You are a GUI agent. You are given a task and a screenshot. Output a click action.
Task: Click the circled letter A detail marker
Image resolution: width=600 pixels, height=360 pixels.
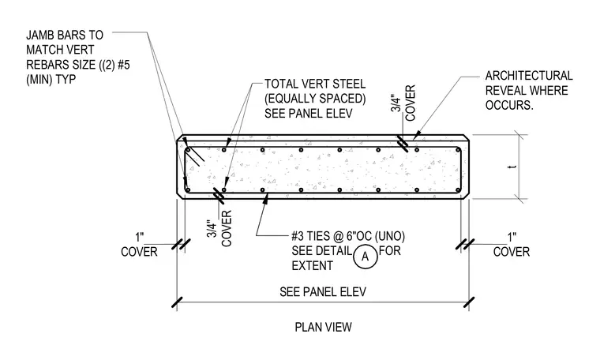tap(365, 257)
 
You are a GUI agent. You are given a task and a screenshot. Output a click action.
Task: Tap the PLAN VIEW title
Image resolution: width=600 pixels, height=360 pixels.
tap(323, 327)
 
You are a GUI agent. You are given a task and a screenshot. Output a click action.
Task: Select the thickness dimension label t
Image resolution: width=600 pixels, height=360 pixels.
tap(513, 167)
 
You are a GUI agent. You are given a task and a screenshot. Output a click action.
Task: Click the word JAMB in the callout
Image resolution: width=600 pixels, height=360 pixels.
tap(42, 36)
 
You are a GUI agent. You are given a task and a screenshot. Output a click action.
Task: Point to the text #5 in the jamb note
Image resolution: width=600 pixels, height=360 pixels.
tap(124, 65)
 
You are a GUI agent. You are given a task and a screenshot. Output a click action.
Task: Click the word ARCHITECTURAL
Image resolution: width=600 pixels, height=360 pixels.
tap(529, 76)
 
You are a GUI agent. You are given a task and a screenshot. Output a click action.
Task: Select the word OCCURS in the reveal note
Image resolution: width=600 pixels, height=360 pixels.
tap(509, 105)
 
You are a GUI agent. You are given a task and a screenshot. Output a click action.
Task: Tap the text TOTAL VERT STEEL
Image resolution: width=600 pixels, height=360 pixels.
tap(315, 84)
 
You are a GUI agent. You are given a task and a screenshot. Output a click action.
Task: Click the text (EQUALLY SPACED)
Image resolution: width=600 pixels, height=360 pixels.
tap(315, 99)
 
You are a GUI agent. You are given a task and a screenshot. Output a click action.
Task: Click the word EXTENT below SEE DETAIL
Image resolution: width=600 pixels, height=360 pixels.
tap(312, 265)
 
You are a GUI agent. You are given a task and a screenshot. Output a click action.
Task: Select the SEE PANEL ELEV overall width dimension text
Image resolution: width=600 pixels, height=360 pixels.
tap(323, 292)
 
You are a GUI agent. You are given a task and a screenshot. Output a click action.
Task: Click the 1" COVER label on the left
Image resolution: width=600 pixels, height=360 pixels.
tap(139, 245)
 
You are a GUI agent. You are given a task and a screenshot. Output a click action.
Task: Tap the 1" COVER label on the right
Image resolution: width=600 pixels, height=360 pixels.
tap(512, 245)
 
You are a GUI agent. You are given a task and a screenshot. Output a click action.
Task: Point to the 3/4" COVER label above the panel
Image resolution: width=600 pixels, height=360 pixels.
tap(403, 103)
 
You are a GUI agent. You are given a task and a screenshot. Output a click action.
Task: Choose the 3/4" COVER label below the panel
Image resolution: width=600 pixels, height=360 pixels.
tap(220, 228)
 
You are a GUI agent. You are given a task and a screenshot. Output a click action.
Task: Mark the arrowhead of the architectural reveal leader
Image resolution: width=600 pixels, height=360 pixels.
tap(416, 136)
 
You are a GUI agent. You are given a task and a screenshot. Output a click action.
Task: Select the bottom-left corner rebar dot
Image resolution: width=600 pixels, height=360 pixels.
tap(188, 190)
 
